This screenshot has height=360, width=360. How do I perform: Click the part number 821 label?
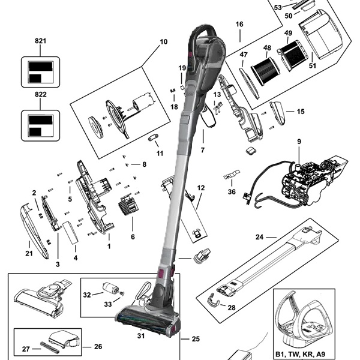(x=41, y=40)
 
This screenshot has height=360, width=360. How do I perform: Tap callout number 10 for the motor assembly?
(x=163, y=42)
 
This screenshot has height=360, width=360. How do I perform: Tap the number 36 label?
(x=232, y=192)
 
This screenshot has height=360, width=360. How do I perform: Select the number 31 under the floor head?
(x=141, y=336)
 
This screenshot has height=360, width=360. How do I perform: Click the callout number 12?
(x=200, y=188)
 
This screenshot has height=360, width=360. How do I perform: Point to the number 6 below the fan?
(x=133, y=236)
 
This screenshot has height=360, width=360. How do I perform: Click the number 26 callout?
(x=98, y=346)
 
